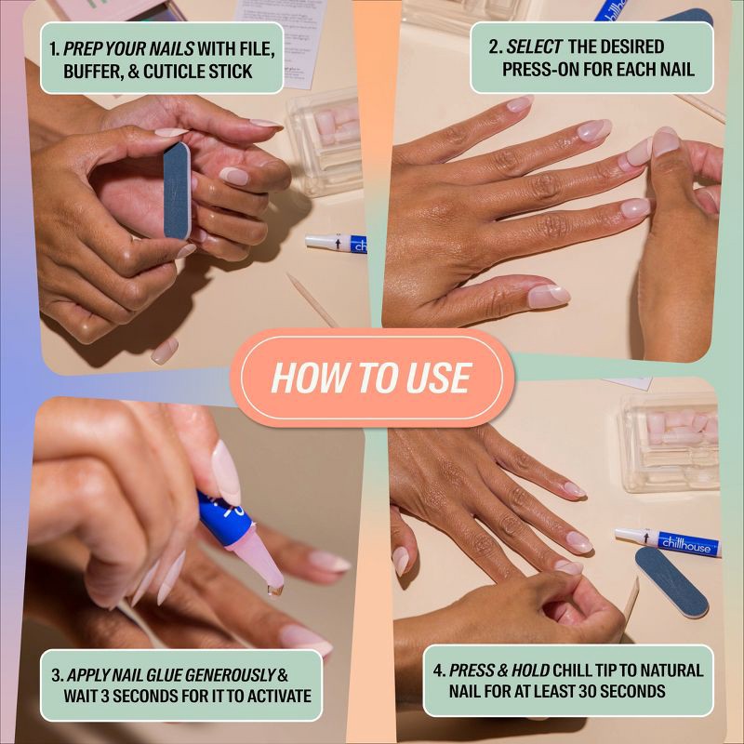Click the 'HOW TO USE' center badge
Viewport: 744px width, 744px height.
click(372, 378)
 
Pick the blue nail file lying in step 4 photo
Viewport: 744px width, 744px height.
click(671, 581)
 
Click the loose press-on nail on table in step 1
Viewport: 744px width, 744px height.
click(165, 350)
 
